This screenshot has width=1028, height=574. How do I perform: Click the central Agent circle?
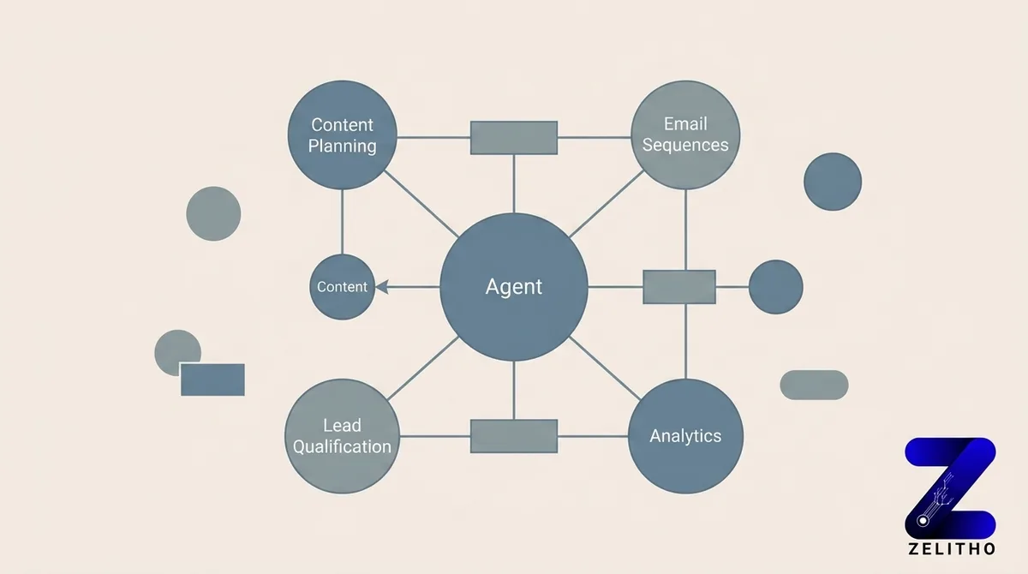[514, 287]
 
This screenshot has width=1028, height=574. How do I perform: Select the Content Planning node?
[343, 135]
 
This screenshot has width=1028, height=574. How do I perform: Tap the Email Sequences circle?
[685, 135]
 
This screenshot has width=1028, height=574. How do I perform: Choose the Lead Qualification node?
[343, 436]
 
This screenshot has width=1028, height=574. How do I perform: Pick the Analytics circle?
[685, 436]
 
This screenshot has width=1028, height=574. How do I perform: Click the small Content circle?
[342, 287]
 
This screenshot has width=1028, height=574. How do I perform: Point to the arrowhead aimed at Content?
[383, 287]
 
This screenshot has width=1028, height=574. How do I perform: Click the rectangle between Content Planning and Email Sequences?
[514, 137]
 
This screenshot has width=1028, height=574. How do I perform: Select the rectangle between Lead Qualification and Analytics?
[514, 436]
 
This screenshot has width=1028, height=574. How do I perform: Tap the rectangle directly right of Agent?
[678, 287]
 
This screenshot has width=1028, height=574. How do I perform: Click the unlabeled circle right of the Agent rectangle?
[775, 287]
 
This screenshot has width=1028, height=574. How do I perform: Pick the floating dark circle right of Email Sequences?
[833, 182]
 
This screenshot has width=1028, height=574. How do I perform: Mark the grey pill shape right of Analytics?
[814, 385]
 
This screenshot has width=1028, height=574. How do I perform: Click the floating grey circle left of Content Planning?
[213, 213]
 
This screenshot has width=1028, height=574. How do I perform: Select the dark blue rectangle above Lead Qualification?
[212, 380]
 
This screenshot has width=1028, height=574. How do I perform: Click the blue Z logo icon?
[950, 485]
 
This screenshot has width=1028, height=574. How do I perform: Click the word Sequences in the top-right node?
[685, 145]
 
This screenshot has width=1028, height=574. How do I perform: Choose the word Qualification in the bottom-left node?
[343, 446]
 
